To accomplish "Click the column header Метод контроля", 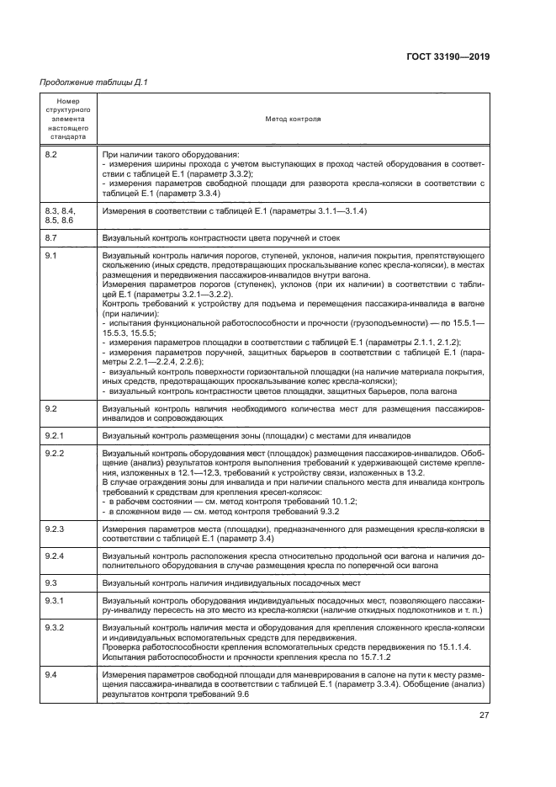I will pos(293,119).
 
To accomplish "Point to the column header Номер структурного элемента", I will pos(67,119).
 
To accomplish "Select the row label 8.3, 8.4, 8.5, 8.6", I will pos(61,214).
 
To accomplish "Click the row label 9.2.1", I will pos(54,436).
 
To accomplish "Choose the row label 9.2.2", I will pos(54,453).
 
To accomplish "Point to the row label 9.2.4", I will pos(54,556).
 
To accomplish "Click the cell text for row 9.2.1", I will pos(257,436).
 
